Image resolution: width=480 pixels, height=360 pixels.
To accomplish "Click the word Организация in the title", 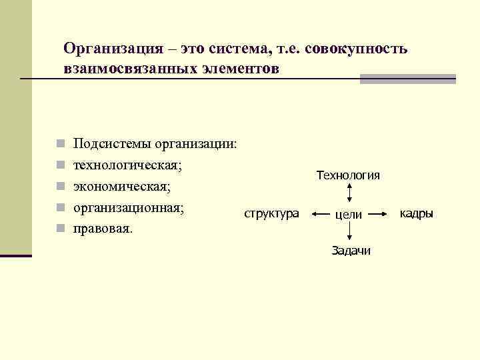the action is click(x=111, y=49).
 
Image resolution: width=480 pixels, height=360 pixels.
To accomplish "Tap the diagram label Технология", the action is click(x=348, y=175).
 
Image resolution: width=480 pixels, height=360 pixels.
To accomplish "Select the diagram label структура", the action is click(x=272, y=214).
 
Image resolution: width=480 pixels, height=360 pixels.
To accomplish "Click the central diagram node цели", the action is click(x=348, y=215).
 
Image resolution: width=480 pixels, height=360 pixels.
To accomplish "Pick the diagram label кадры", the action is click(x=416, y=213).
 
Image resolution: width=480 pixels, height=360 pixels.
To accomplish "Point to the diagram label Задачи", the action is click(x=351, y=251).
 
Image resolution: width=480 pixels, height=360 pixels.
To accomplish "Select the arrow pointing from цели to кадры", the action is click(x=378, y=214).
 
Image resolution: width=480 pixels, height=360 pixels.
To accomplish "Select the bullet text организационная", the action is click(x=128, y=207).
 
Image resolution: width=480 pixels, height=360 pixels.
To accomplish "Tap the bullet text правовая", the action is click(x=103, y=229).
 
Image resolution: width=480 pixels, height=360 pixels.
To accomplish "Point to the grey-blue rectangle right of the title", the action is click(x=407, y=79).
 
